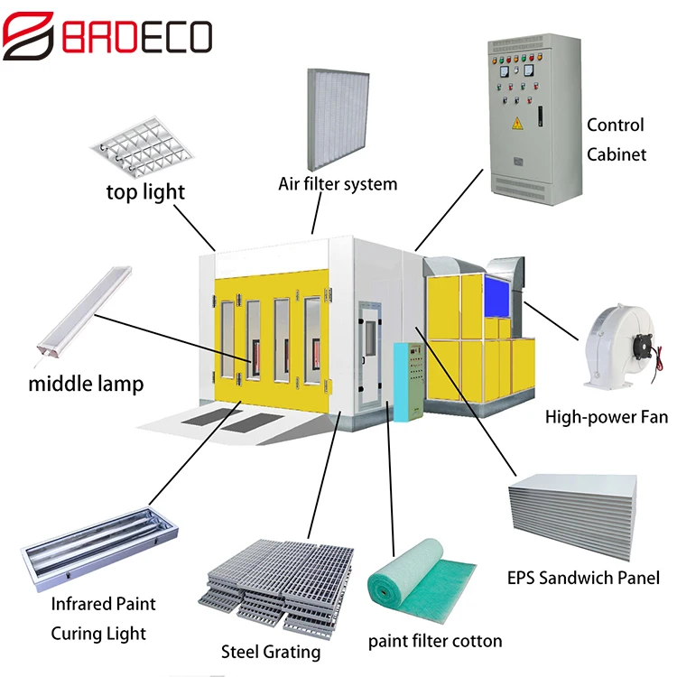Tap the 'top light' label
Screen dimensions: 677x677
point(145,191)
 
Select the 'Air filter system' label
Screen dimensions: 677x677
point(338,184)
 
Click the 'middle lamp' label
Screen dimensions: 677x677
point(86,384)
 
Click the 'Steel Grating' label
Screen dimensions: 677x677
point(271,651)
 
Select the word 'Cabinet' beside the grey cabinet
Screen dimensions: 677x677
point(617,154)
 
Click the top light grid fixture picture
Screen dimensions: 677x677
point(142,144)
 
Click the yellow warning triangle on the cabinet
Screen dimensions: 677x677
point(517,125)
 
